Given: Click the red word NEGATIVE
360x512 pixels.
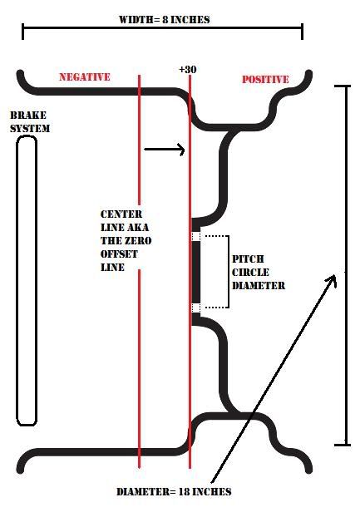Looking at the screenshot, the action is tap(85, 77).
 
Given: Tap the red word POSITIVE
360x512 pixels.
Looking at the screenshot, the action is tap(265, 79).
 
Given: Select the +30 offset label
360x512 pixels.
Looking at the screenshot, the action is tap(188, 69).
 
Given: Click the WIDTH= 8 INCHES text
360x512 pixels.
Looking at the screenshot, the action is tap(165, 20).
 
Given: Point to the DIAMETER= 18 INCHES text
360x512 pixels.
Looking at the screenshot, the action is tap(174, 491).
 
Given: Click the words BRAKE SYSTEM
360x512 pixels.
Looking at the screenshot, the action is tap(30, 122).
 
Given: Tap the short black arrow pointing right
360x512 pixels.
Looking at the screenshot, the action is tap(165, 150).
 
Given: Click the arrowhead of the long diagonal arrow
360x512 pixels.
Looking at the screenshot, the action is tap(331, 280).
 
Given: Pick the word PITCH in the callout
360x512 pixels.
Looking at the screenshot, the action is tap(248, 259).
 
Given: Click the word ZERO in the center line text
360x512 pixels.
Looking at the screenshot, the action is tap(139, 241).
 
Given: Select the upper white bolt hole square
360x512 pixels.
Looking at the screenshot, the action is tap(195, 236).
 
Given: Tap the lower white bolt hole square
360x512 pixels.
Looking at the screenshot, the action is tap(195, 308).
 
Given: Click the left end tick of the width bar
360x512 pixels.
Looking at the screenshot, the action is tap(22, 32).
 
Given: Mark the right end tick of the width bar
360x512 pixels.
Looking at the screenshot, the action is tap(303, 32).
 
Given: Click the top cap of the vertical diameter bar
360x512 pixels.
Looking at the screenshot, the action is tap(343, 86).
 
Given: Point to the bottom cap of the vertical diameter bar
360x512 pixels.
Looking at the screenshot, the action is tap(343, 445).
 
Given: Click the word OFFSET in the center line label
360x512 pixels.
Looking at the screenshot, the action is tap(119, 254).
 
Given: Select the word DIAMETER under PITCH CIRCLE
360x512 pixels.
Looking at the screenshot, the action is tap(259, 286).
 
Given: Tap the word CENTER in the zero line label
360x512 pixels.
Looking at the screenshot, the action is tap(121, 214).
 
